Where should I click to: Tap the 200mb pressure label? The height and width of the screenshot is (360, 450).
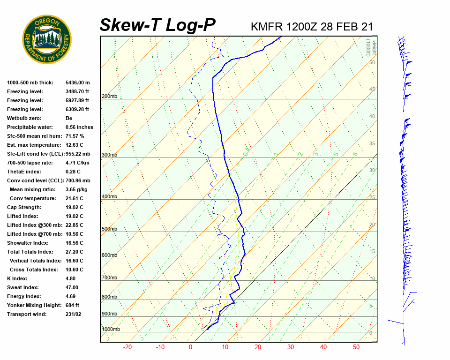109,97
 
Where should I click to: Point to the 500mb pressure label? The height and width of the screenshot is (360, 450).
109,229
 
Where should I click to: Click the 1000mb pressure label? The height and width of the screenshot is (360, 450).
111,329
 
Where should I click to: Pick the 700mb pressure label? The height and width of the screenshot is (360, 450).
109,278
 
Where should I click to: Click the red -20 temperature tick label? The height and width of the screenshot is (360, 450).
127,347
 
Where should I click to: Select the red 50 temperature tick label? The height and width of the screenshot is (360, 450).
356,347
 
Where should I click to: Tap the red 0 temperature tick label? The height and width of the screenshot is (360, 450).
190,347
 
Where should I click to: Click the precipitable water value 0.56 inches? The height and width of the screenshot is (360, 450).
79,127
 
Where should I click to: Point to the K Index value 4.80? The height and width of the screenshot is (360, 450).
72,278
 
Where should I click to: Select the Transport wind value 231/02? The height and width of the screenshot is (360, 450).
75,314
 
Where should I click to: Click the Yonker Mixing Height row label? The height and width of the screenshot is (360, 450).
34,305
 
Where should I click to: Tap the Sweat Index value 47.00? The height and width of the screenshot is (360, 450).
72,287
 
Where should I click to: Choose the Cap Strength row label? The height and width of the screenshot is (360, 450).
24,207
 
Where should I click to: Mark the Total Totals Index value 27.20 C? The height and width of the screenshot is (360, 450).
74,252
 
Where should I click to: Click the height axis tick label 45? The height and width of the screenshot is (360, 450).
372,90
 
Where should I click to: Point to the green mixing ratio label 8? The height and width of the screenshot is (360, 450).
355,154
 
